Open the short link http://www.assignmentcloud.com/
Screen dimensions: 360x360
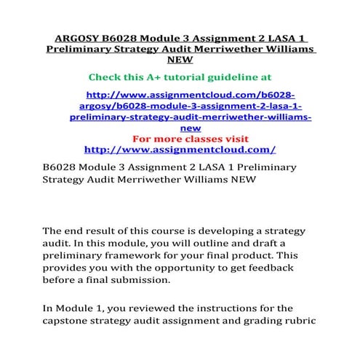click(180, 150)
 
